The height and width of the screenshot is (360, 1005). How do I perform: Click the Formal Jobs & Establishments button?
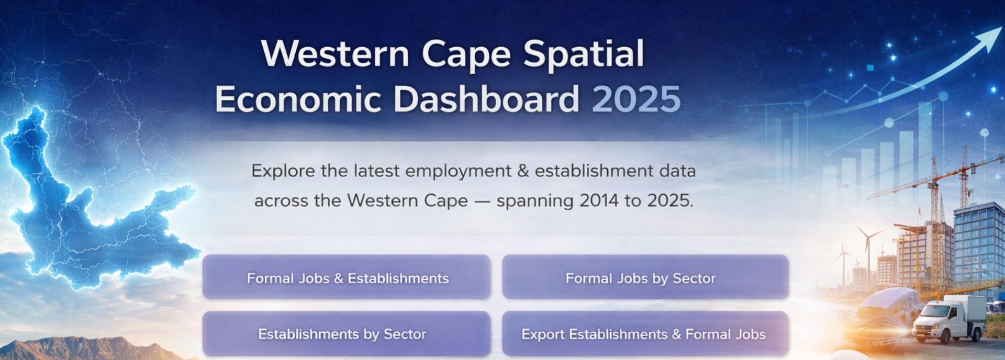pos(347,277)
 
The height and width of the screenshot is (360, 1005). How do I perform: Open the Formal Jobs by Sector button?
pos(645,277)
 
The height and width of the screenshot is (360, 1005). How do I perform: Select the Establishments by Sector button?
pos(347,334)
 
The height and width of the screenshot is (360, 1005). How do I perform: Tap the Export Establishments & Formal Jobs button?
pos(645,334)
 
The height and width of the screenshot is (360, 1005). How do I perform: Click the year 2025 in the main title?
pos(636,99)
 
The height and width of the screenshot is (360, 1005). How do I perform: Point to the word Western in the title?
pos(336,53)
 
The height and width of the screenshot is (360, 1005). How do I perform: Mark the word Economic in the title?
pos(298,99)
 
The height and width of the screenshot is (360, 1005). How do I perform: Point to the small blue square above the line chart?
pos(870,68)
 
